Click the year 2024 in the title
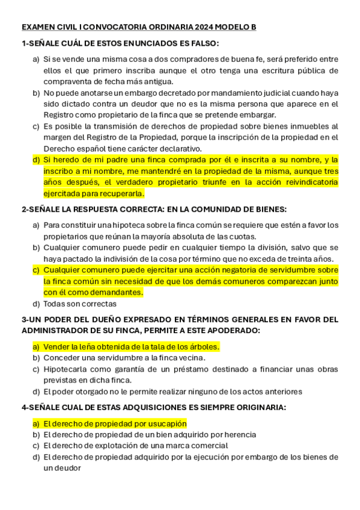(x=195, y=28)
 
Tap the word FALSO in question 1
(x=202, y=43)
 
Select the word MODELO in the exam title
(x=224, y=28)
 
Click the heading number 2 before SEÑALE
(x=24, y=209)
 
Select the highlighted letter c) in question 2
(x=36, y=270)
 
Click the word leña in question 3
(x=90, y=346)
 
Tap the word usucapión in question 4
(x=165, y=423)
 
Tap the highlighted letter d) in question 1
(x=36, y=160)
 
